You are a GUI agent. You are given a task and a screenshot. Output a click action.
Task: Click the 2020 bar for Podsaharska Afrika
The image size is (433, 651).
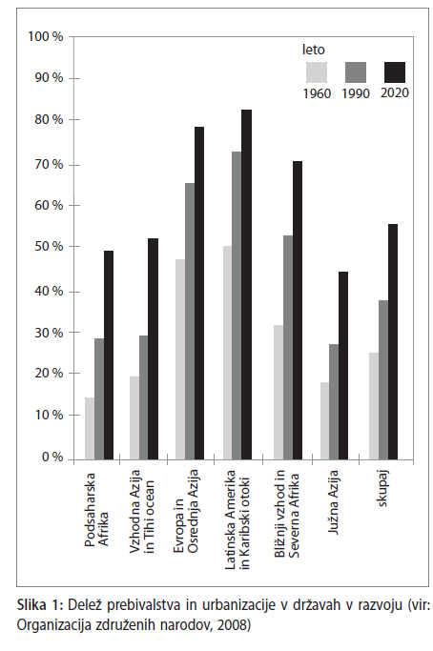pos(109,355)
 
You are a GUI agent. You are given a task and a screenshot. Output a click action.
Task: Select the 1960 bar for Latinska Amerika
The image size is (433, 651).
pos(227,353)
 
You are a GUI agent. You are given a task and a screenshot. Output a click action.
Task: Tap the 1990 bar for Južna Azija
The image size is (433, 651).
pos(334,402)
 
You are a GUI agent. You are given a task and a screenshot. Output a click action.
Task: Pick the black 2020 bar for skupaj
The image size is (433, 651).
pos(393,341)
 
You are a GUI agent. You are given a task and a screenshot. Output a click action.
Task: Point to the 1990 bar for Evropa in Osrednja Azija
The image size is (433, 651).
pos(190,321)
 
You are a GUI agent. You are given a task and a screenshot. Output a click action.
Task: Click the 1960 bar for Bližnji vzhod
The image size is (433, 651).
pos(278,393)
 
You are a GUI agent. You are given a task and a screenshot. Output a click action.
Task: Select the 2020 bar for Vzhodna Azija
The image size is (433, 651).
pos(154,349)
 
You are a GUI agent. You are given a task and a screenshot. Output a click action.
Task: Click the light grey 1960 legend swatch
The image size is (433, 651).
pos(317,72)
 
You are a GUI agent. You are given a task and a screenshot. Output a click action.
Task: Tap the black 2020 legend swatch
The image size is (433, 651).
pos(395,72)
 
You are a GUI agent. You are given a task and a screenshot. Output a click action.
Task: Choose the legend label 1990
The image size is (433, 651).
pos(356,93)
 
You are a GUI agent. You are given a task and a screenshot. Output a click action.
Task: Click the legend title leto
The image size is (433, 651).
pos(314,50)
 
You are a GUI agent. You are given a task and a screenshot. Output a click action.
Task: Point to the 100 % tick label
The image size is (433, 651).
pos(46,36)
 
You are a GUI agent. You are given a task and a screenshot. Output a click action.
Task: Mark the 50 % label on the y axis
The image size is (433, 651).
pos(49,246)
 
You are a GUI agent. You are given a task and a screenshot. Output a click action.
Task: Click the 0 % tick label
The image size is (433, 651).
pos(52,458)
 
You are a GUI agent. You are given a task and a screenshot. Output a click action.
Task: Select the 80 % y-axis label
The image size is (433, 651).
pos(49,119)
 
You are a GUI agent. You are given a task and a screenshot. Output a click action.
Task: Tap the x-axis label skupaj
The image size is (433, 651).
pos(382,488)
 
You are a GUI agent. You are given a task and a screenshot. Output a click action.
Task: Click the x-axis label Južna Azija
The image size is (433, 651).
pos(333,502)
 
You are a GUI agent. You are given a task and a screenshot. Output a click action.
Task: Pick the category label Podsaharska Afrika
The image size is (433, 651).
pos(96,510)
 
